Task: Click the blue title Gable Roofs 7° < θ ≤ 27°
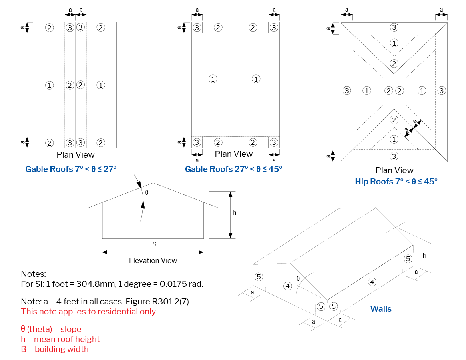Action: (x=71, y=169)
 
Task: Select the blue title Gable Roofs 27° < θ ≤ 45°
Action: (x=233, y=169)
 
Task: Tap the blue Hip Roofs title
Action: (x=396, y=182)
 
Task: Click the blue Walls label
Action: (x=381, y=309)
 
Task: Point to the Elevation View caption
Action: (x=153, y=261)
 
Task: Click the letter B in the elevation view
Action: (x=154, y=244)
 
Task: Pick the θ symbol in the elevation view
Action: (x=147, y=193)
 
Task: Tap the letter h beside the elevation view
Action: (x=235, y=212)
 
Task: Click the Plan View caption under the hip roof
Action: (x=394, y=170)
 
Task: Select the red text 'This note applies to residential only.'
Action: (x=89, y=312)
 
